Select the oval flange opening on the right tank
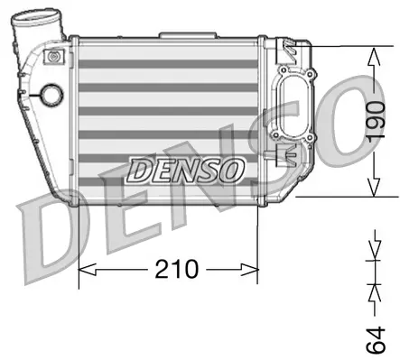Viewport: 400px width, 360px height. coord(296,115)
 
